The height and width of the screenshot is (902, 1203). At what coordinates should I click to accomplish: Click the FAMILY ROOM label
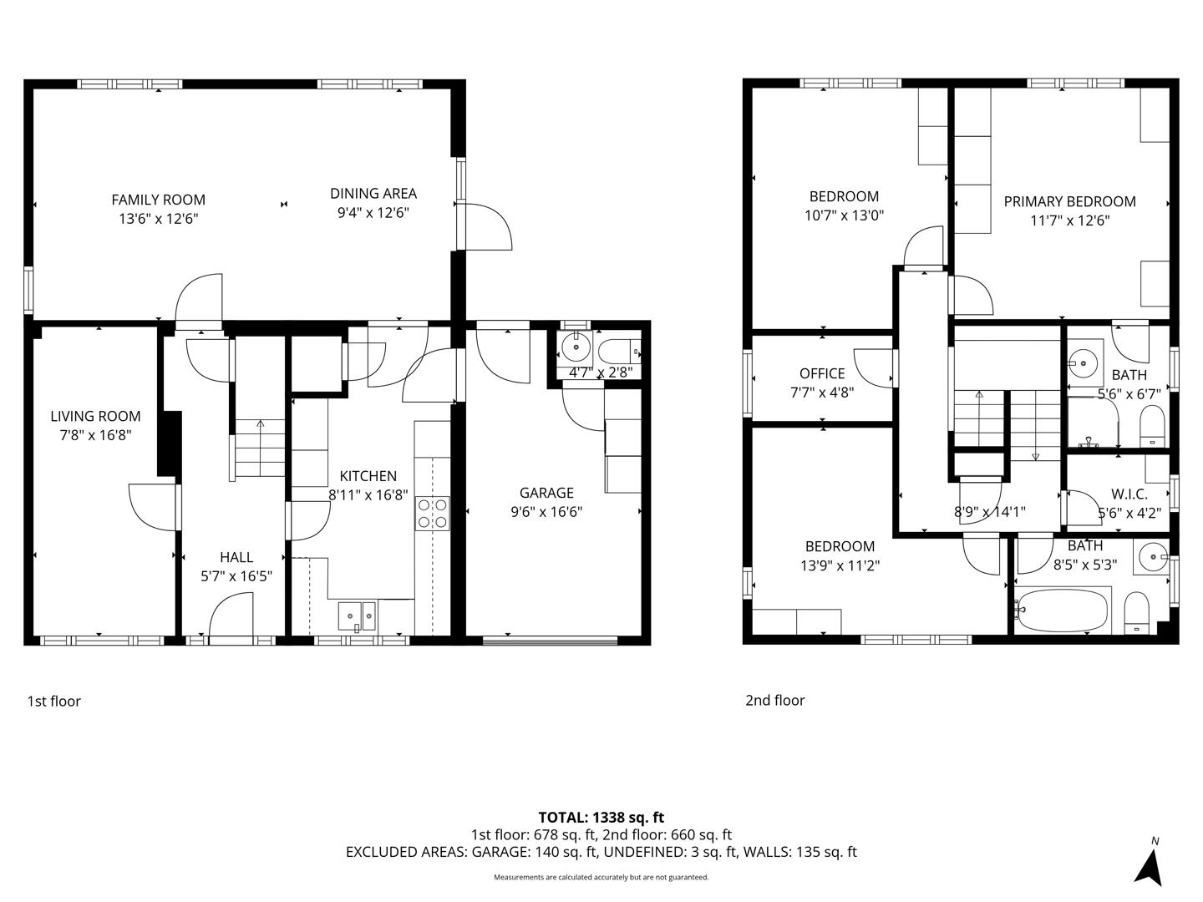coord(158,200)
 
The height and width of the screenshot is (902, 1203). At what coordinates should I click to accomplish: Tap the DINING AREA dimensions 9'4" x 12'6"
coord(373,213)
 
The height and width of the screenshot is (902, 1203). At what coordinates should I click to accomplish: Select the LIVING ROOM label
coord(95,416)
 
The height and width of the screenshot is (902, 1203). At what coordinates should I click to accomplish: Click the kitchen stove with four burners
coord(432,513)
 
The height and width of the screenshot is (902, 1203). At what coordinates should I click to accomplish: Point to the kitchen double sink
coord(358,616)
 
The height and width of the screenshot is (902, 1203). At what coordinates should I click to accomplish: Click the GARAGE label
coord(546,493)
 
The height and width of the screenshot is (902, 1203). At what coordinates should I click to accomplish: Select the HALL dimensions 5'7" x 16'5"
coord(236,575)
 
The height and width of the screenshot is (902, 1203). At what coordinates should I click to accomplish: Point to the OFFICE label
coord(822,373)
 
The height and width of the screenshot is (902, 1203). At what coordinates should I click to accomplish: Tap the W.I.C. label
coord(1129,494)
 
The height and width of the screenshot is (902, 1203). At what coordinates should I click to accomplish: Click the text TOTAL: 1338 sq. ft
coord(601,818)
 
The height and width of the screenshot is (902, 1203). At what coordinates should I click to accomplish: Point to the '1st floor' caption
coord(54,702)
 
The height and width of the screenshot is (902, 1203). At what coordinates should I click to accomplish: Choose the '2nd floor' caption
coord(774,701)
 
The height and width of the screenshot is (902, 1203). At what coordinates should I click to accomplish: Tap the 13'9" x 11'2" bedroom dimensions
coord(840,565)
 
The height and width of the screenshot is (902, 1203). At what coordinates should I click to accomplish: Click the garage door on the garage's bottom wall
coord(550,641)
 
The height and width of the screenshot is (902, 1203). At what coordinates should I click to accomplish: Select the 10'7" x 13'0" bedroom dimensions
coord(844,215)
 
